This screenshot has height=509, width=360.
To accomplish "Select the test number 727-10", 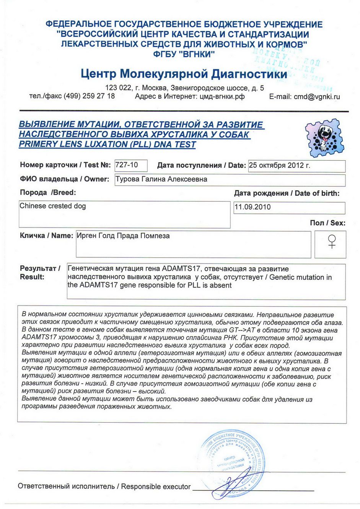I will point(127,165).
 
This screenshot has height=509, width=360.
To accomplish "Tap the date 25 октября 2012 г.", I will point(279,166).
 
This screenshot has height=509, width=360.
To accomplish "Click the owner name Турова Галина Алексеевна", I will point(161,179).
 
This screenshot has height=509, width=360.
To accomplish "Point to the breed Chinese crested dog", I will point(53,206).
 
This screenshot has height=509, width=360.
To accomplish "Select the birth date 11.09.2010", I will point(252,207).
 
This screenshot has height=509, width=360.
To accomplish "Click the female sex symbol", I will point(332,242).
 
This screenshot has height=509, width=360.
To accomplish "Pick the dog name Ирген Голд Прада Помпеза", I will point(123,236).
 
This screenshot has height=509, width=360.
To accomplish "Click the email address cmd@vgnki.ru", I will point(316,97).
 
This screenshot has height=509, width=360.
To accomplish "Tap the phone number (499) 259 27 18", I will point(89,96).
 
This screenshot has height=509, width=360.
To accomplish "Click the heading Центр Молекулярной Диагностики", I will point(184,73).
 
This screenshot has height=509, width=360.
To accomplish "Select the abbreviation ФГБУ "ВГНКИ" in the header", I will point(184,54).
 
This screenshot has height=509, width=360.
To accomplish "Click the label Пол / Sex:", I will point(327,223).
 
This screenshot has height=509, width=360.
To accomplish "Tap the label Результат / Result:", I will point(39,273).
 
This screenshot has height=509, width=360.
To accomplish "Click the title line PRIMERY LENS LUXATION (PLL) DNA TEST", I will point(108,145).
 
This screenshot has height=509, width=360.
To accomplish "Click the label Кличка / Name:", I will point(46,236).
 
